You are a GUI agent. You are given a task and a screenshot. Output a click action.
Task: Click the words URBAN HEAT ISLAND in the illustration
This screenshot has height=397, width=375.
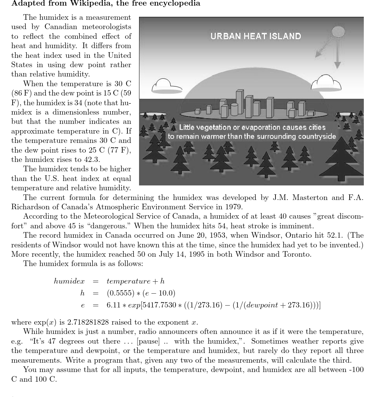(x=255, y=36)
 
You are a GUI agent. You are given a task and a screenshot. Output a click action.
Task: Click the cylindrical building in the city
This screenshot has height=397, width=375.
(x=234, y=109)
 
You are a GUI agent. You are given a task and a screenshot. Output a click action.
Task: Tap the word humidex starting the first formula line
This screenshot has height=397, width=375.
(x=69, y=281)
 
